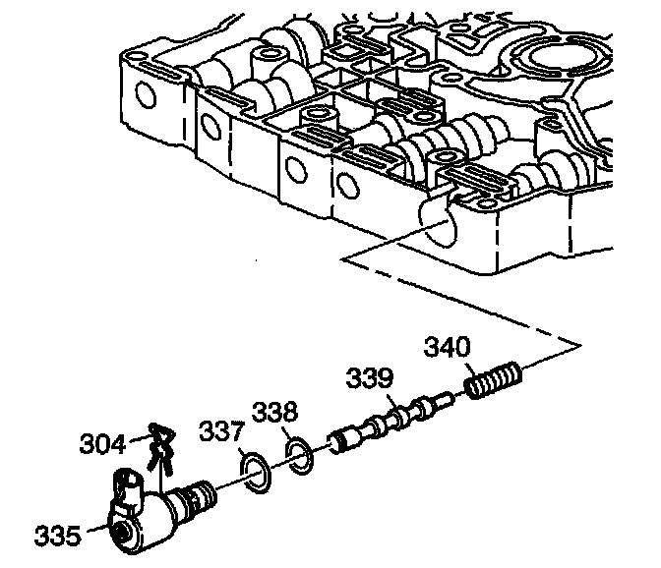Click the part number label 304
(103, 443)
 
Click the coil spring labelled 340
(494, 380)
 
